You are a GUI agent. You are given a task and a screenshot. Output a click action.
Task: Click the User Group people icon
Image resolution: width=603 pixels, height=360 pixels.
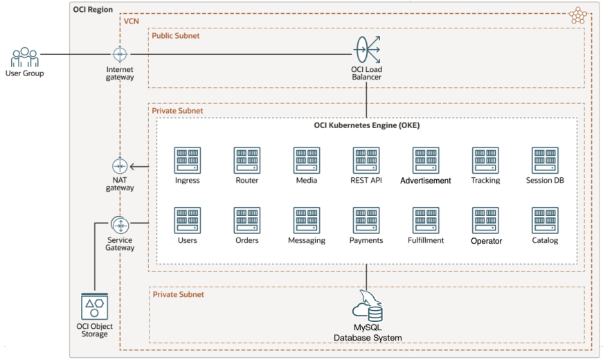coord(25,57)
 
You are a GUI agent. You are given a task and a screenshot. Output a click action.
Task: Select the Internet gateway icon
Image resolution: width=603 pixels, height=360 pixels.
coord(120,54)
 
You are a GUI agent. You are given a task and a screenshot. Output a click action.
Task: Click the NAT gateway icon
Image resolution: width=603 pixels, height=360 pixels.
coord(120,166)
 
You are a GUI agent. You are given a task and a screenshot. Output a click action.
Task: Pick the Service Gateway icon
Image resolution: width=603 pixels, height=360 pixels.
coord(120,225)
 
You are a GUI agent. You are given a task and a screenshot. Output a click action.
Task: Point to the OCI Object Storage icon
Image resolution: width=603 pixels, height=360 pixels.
coord(94,306)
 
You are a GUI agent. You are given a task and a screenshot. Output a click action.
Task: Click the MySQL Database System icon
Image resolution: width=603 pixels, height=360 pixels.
coord(367,306)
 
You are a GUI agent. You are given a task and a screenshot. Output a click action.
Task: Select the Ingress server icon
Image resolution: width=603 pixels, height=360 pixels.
coord(187,161)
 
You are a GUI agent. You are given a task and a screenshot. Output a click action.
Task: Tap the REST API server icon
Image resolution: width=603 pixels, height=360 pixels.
coord(366,161)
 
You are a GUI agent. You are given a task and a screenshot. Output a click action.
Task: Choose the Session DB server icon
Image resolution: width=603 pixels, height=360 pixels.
coord(545,161)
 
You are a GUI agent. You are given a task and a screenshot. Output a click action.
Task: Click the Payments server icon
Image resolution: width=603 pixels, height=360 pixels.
coord(366,220)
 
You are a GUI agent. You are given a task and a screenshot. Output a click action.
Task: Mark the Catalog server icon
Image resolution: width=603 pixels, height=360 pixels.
coord(545,220)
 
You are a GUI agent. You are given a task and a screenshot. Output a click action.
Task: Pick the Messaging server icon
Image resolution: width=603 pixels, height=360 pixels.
coord(307,220)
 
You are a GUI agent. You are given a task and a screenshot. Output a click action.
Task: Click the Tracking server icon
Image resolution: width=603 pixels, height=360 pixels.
coord(485,161)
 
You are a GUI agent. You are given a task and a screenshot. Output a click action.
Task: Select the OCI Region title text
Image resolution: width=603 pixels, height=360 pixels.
coord(93,9)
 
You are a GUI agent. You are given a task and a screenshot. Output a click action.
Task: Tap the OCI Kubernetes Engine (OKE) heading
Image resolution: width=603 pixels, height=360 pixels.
coord(367,125)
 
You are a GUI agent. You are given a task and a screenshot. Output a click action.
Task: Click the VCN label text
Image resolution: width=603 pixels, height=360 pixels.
coord(131,21)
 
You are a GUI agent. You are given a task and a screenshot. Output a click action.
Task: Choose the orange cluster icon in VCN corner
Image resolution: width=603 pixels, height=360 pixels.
coord(576,16)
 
